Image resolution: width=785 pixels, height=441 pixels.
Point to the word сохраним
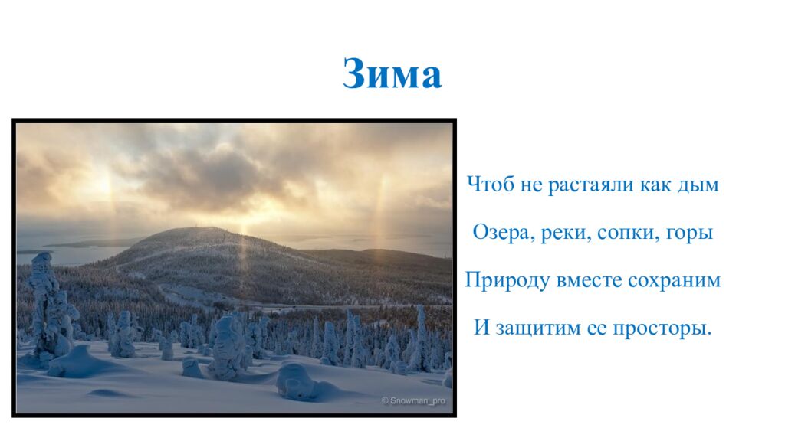point(675,281)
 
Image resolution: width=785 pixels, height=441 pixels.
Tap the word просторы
point(665,330)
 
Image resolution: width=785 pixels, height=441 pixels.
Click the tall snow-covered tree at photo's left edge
point(48,306)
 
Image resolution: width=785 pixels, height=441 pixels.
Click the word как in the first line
point(655,185)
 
